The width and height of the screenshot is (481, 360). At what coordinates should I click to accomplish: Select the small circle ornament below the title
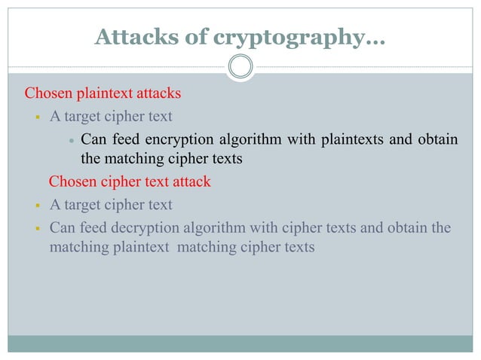(240, 67)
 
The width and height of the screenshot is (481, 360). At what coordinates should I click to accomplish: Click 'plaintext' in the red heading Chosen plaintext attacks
(106, 95)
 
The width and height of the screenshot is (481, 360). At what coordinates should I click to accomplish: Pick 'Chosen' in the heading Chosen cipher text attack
(72, 182)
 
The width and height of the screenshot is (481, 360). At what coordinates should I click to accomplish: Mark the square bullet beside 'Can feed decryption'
(36, 227)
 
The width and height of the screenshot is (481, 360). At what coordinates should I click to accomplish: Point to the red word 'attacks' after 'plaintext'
(159, 95)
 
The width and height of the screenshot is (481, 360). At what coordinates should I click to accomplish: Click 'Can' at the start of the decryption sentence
(61, 227)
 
